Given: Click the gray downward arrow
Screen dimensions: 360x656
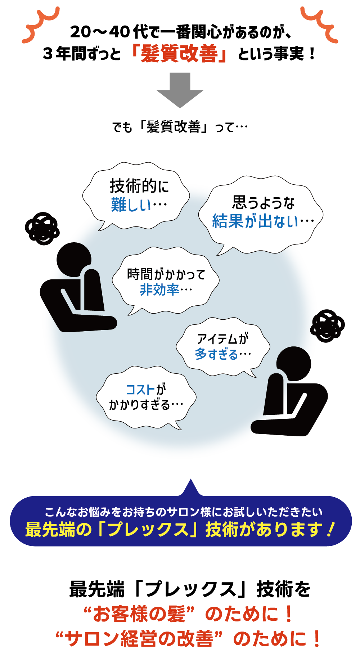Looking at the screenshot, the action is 180,90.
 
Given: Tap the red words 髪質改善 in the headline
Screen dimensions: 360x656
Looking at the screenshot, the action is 179,54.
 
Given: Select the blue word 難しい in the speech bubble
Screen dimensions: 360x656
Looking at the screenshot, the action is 131,205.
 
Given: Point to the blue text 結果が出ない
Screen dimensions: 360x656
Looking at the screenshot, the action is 256,221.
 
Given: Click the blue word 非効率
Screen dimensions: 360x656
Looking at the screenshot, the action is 159,289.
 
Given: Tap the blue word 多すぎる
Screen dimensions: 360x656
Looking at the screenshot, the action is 216,354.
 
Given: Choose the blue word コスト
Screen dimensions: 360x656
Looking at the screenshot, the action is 140,390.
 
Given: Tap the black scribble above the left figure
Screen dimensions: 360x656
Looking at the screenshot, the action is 42,229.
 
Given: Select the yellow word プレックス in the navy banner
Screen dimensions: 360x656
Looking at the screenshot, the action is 148,530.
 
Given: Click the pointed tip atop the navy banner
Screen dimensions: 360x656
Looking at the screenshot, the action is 191,479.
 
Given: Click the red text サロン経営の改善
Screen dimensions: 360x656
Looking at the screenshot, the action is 139,639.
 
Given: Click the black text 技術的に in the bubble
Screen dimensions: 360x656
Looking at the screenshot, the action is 139,186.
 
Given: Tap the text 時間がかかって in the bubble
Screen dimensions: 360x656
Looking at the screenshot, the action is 166,274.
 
